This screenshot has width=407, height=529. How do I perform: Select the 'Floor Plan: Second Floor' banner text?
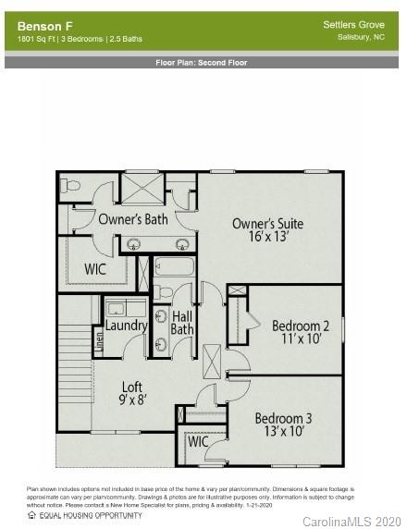click(203, 63)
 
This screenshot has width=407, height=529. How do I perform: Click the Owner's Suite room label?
click(267, 224)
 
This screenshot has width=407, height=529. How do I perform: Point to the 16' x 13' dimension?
click(267, 238)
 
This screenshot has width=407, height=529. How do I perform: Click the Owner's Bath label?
click(133, 219)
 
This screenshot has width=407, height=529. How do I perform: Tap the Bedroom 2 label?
click(301, 326)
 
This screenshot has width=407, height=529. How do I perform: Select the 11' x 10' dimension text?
click(301, 339)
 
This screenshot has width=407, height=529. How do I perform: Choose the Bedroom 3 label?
click(283, 418)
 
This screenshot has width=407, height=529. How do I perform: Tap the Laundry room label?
click(126, 326)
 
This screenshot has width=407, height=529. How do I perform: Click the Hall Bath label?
click(183, 323)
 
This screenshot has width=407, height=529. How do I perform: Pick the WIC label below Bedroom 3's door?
click(198, 442)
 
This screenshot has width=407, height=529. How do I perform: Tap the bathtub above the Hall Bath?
click(175, 268)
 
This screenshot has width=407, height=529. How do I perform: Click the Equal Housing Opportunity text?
click(90, 515)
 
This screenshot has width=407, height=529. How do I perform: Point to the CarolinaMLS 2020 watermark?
click(352, 521)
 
